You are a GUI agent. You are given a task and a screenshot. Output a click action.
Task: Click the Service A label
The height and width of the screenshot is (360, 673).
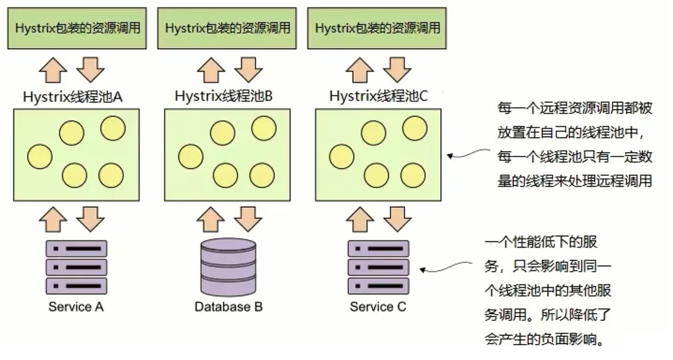[x=76, y=307]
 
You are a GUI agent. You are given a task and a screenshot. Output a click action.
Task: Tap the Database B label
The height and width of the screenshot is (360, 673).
[x=229, y=307]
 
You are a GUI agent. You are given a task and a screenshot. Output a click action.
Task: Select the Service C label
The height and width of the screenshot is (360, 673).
[x=378, y=307]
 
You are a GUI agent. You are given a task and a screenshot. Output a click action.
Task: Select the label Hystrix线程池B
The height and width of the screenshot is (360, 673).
[x=224, y=96]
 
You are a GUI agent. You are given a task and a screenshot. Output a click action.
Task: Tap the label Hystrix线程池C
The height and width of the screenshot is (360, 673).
[x=379, y=96]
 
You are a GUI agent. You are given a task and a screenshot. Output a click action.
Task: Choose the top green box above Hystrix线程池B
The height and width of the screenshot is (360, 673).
[x=228, y=28]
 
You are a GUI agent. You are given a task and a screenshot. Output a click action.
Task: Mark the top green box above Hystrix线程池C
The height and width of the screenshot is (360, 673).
[x=377, y=28]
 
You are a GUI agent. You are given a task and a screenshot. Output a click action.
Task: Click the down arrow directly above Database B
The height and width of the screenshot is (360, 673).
[x=248, y=218]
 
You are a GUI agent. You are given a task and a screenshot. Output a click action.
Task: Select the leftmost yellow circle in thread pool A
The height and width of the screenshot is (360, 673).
[x=40, y=156]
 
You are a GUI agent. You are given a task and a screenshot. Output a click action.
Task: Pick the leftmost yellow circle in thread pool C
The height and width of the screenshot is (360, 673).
[x=341, y=156]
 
